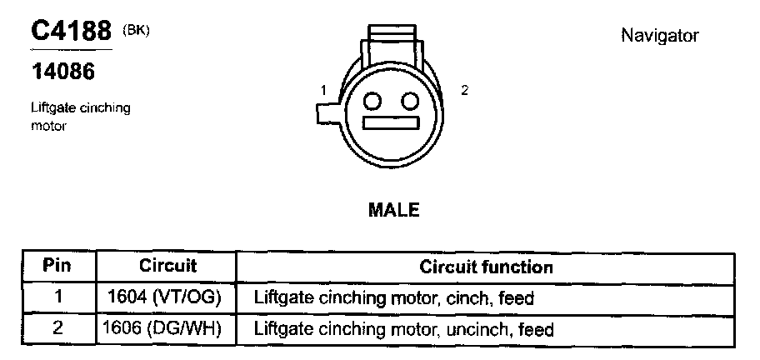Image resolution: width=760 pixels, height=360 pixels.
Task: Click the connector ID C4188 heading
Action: coord(70,32)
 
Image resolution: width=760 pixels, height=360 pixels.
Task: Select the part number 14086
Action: coord(63,72)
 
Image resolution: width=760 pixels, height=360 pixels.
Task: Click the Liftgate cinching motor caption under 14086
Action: coord(80,117)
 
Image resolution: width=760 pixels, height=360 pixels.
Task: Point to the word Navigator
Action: coord(659,36)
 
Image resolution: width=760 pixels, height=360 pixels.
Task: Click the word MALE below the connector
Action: coord(393,210)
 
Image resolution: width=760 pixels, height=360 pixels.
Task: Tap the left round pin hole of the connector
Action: coord(373,101)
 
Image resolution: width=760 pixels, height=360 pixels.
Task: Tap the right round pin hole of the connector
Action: coord(408,101)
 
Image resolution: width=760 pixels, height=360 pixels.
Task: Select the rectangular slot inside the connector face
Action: coord(391,122)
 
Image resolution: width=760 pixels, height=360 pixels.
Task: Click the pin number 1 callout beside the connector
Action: coord(323,90)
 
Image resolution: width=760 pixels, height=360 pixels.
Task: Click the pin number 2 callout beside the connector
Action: coord(464,90)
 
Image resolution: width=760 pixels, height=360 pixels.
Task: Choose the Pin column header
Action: coord(57,267)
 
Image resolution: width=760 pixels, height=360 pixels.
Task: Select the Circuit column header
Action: coord(167,267)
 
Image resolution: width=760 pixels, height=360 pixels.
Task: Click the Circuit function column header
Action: coord(486,267)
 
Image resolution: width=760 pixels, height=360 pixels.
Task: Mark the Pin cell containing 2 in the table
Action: coord(57,329)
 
